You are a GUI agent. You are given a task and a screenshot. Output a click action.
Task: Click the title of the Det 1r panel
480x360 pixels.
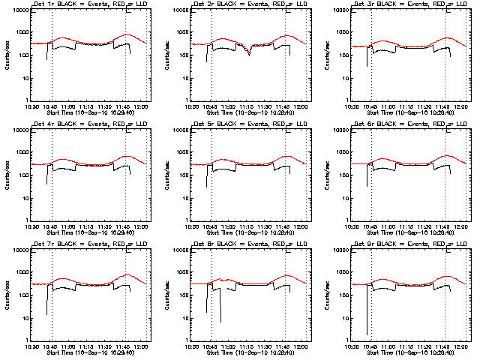coord(88,4)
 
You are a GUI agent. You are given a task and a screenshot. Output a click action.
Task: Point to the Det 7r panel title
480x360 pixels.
coord(88,244)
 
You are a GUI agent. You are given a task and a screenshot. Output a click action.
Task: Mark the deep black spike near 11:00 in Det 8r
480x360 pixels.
coord(220,322)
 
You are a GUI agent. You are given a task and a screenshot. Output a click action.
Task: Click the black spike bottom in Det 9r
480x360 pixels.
coord(367,334)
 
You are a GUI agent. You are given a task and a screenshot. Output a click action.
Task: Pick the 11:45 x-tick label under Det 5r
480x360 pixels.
coord(286,227)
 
